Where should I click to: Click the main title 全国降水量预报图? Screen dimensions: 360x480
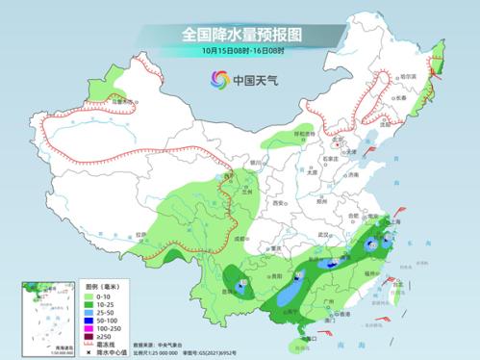pos(240,35)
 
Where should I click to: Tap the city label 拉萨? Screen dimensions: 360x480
pos(142,234)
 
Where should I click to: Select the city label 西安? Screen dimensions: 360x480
pos(278,203)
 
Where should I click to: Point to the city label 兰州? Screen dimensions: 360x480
pos(247,190)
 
